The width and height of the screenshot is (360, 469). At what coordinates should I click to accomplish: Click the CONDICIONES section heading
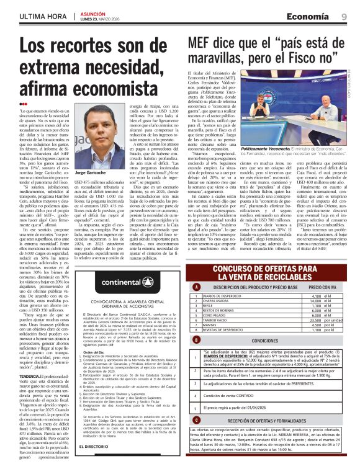(265, 341)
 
